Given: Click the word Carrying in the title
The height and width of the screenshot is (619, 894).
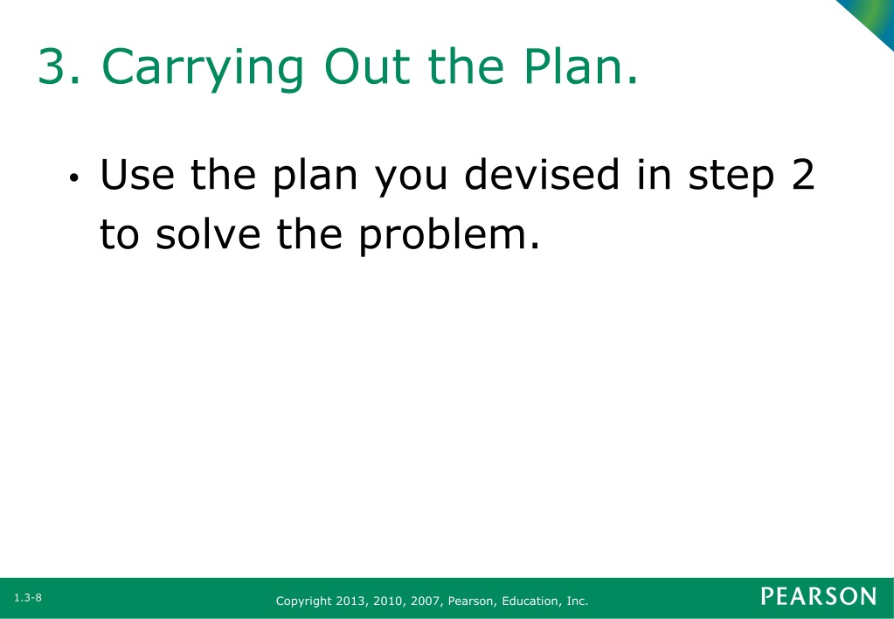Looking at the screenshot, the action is pyautogui.click(x=203, y=68).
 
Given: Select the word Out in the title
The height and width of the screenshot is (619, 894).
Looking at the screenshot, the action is pyautogui.click(x=367, y=66).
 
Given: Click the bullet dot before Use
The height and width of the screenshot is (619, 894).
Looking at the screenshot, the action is pyautogui.click(x=73, y=178).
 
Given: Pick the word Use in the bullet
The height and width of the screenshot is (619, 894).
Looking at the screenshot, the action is pyautogui.click(x=137, y=174).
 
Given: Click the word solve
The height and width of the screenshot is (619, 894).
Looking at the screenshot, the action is pyautogui.click(x=208, y=233).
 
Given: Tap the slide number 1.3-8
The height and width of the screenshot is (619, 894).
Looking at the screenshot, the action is pyautogui.click(x=28, y=598).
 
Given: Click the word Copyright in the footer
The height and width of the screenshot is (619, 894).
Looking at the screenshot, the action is pyautogui.click(x=303, y=602).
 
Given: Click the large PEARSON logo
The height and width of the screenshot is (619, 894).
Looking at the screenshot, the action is pyautogui.click(x=819, y=596).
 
